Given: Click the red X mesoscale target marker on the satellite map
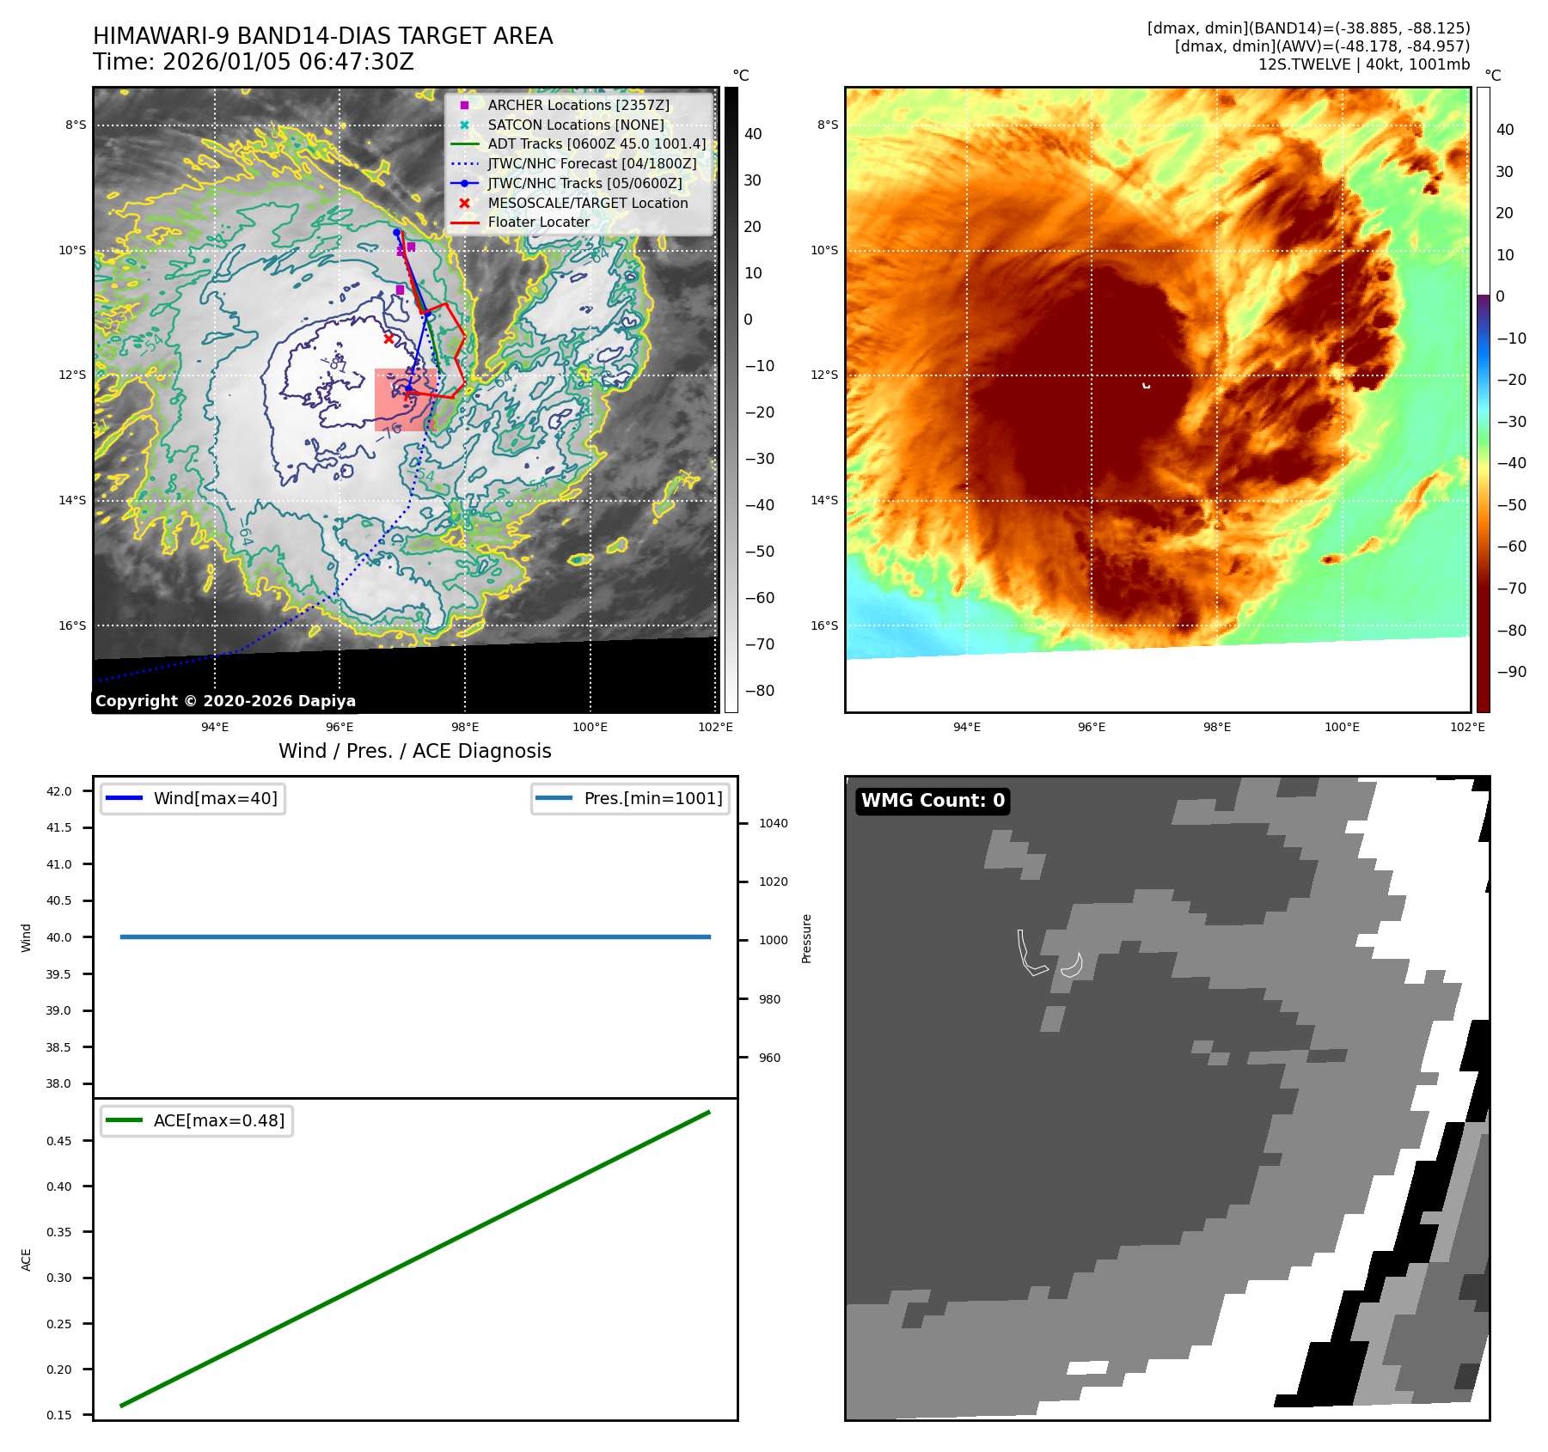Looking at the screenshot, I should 389,339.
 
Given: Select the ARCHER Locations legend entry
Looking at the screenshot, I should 578,105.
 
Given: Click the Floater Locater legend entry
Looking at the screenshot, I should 538,222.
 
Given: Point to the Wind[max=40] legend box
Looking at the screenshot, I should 193,798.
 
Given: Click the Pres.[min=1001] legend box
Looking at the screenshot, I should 630,798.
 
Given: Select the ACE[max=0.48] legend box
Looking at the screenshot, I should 197,1120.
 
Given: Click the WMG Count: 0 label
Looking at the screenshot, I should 933,801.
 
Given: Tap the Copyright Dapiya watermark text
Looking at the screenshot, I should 225,701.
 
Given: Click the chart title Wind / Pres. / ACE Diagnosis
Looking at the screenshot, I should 414,751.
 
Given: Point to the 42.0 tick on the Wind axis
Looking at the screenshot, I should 59,791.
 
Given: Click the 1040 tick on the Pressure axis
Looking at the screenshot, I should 773,823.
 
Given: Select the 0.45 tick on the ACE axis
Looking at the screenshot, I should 59,1141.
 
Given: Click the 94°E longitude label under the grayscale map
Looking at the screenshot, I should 215,727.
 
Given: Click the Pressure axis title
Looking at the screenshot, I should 806,938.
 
